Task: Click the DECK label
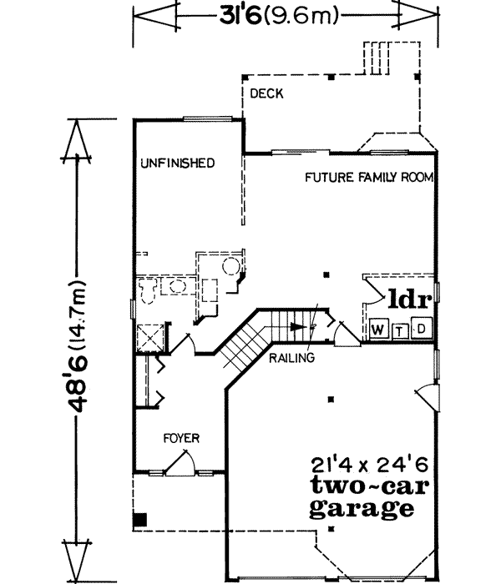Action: (267, 94)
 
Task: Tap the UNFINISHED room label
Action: (178, 162)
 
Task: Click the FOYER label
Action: (181, 438)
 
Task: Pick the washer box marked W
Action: (378, 330)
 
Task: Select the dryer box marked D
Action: (423, 329)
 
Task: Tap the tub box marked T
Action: (401, 330)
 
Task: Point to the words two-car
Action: (362, 486)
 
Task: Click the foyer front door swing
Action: (188, 462)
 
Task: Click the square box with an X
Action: (150, 337)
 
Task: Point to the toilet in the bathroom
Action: (149, 291)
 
